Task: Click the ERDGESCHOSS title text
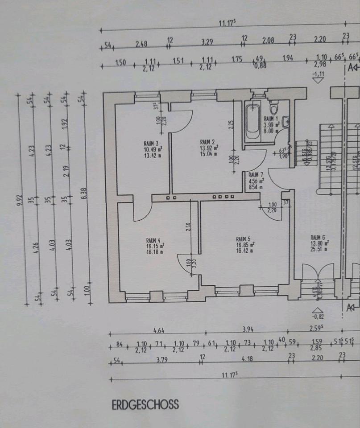coord(145,405)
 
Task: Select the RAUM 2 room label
coord(208,141)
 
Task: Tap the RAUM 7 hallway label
coord(256,175)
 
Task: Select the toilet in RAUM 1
coord(274,108)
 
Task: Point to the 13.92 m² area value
coord(209,148)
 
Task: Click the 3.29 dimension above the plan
coord(207,43)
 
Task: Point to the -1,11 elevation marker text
coord(318,74)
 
